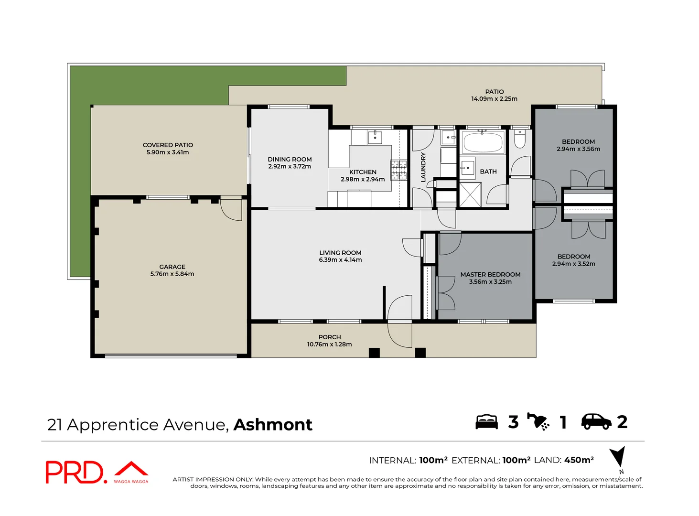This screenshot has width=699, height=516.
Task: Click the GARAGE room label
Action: click(x=172, y=267)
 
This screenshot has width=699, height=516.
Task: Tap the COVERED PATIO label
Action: click(x=168, y=145)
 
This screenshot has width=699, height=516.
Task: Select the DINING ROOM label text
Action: click(x=290, y=159)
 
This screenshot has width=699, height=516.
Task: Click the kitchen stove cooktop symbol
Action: click(x=398, y=170)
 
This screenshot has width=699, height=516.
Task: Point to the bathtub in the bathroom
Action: click(x=483, y=142)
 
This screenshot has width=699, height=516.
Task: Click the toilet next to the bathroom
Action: click(x=520, y=140)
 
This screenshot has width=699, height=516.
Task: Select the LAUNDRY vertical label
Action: click(x=423, y=167)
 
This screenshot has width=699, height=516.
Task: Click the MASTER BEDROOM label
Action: click(x=490, y=274)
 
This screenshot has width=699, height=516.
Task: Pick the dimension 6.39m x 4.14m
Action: click(x=340, y=260)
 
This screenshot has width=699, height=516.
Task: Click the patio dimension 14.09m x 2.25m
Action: click(x=494, y=99)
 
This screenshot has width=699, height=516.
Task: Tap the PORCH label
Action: click(x=330, y=337)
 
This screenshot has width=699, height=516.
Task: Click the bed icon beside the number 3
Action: click(x=486, y=422)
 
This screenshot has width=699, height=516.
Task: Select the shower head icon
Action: click(x=539, y=421)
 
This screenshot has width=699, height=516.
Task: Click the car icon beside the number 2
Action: click(x=596, y=421)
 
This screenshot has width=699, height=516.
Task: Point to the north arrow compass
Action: click(x=619, y=457)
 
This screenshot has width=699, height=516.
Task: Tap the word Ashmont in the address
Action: click(x=273, y=424)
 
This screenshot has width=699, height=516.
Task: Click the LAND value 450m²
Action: click(x=579, y=460)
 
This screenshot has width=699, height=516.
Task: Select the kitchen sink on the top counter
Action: click(x=375, y=137)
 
